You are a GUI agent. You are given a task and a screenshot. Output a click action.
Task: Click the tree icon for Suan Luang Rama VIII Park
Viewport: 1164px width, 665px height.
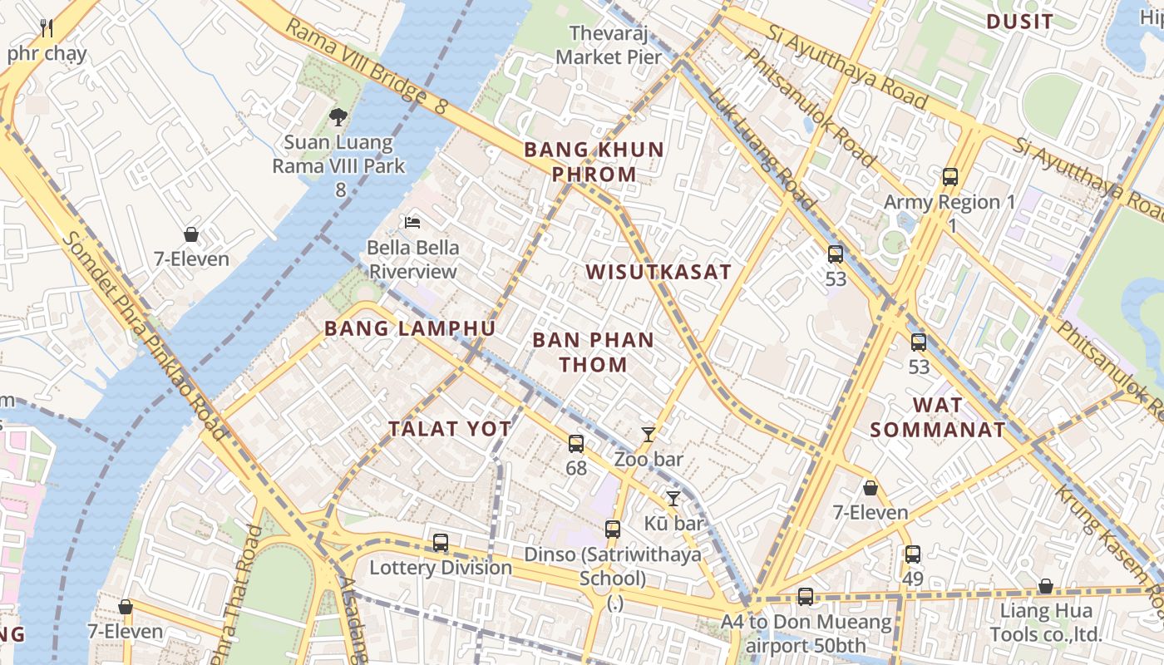[x=338, y=117]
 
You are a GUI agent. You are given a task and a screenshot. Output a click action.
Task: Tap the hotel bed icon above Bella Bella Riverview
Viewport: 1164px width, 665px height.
[x=412, y=222]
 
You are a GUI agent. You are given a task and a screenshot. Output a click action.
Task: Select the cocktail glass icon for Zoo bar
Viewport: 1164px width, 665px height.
[x=649, y=434]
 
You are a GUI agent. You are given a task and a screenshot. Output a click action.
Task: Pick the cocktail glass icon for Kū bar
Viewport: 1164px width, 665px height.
[x=673, y=499]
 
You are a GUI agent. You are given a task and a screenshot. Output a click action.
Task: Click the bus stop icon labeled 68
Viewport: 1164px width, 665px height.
[x=576, y=444]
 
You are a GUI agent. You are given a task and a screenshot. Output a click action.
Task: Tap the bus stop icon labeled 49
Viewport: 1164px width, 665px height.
[x=913, y=554]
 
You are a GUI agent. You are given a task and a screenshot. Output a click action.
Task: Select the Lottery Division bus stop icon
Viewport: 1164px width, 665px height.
[x=441, y=543]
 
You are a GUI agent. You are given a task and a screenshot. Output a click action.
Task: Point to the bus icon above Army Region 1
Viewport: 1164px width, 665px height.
[x=950, y=177]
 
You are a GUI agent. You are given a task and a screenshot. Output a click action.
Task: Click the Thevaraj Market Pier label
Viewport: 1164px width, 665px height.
[x=609, y=45]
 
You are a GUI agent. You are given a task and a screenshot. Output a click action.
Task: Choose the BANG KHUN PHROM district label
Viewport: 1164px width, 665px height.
[x=594, y=162]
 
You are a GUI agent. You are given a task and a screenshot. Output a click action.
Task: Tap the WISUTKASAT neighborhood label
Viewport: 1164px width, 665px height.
[x=658, y=272]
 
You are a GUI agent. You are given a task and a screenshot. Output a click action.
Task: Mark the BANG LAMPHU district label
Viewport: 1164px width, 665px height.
[x=410, y=328]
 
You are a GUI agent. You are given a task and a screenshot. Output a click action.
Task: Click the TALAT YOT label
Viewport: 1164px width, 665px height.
[x=450, y=429]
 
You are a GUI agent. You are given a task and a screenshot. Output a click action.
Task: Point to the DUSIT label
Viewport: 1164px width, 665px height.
[x=1019, y=22]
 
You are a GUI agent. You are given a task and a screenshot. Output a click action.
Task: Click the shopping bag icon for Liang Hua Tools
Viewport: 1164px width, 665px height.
[x=1046, y=587]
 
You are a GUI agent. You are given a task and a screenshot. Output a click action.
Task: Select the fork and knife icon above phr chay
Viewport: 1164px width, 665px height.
[x=47, y=29]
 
